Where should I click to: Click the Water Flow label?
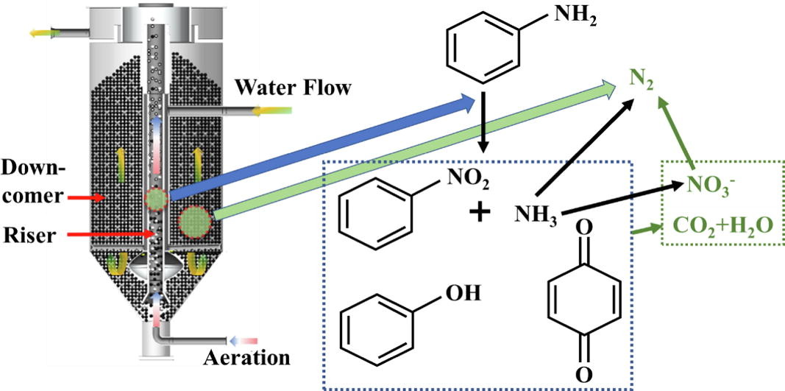[293, 88]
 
